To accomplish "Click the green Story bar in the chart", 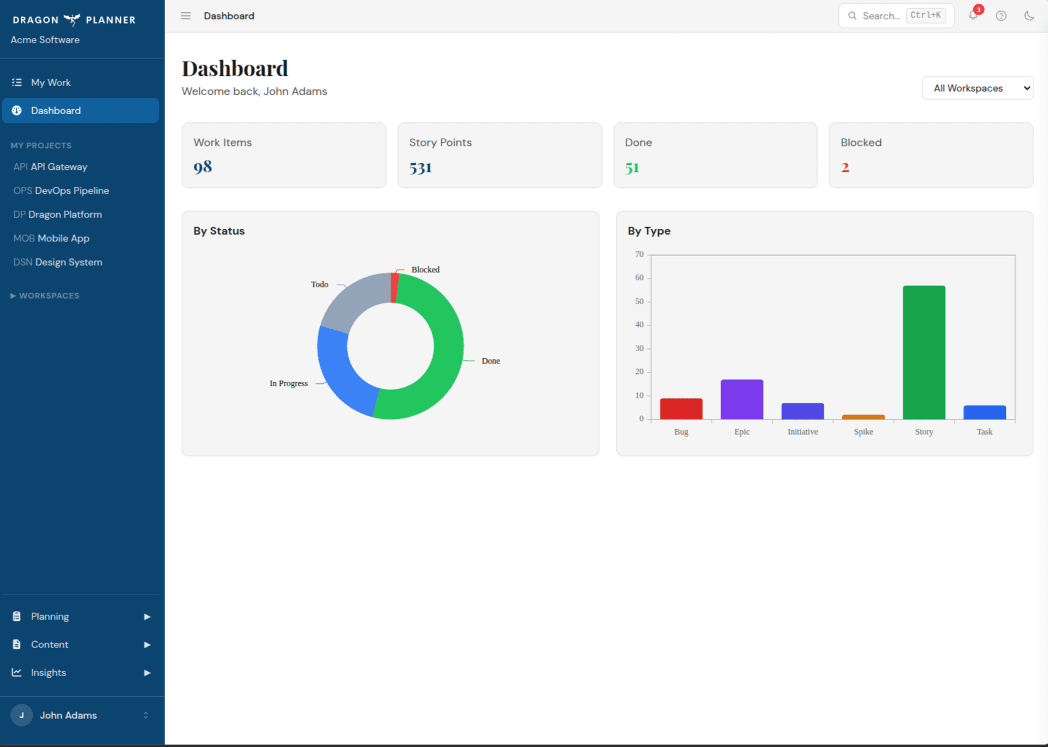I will coord(924,352).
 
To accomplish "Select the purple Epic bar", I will coord(742,399).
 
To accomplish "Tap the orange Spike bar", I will coord(863,417).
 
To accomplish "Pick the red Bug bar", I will coord(681,408).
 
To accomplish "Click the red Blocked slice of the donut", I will coord(395,287).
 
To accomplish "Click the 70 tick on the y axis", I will coord(639,254).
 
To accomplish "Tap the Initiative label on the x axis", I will coord(802,432).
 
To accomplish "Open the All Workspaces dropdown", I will coord(977,88).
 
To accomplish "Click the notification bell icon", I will coord(973,16).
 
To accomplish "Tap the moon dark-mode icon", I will coord(1029,16).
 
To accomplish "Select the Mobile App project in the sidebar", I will coord(63,239).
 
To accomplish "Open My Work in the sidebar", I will coord(51,82).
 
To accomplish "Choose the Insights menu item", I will coord(49,673).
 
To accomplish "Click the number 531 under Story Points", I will coord(420,168).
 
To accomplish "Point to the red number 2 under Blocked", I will coord(845,168).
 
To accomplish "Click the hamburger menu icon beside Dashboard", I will coord(186,16).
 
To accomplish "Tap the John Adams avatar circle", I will coord(22,715).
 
